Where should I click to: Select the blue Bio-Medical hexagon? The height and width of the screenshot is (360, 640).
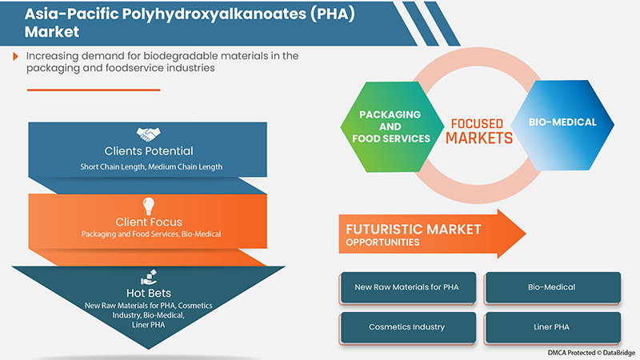click(562, 123)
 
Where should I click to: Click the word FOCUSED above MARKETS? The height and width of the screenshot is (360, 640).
click(477, 124)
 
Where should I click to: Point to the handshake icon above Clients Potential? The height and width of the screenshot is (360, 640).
click(148, 134)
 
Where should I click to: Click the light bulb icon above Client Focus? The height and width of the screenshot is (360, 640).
click(148, 206)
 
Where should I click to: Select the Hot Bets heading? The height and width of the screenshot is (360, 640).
click(148, 294)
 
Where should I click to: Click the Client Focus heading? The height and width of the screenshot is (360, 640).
click(148, 222)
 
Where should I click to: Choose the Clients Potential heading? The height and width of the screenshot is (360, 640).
click(148, 151)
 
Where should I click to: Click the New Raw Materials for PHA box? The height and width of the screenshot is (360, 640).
click(408, 287)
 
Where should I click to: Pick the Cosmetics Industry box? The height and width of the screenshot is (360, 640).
click(408, 326)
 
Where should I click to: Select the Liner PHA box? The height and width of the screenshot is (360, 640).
click(552, 326)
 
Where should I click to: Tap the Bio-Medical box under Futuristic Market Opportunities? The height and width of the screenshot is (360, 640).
click(552, 287)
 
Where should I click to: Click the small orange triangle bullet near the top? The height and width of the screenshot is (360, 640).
click(16, 56)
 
